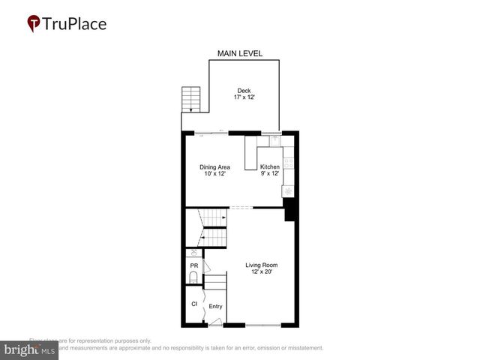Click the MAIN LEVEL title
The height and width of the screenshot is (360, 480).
(x=240, y=53)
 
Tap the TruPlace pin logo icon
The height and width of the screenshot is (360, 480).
(x=34, y=23)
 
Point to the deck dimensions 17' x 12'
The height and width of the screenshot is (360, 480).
(x=244, y=97)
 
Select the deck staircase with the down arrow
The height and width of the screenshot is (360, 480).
(x=192, y=100)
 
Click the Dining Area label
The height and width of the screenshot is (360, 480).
(x=214, y=166)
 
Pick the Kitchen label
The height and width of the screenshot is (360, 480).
(x=269, y=166)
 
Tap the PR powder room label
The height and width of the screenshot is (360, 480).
(x=193, y=265)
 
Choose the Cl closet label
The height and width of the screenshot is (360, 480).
(x=193, y=304)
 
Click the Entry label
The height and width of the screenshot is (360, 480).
(x=215, y=306)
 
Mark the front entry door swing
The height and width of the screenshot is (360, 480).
(x=216, y=322)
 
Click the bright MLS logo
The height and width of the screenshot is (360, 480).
(x=30, y=349)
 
